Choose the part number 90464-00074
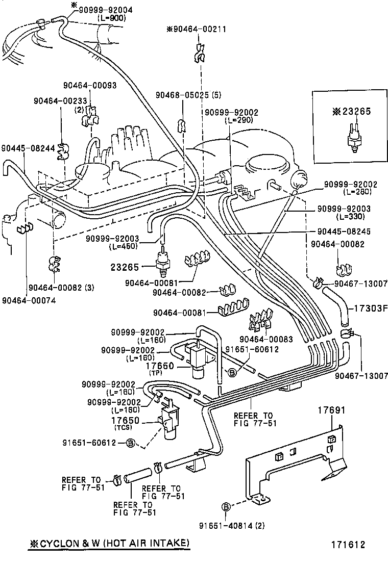pos(29,300)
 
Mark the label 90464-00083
pos(266,339)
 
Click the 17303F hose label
pos(368,308)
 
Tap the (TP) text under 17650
pos(155,373)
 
